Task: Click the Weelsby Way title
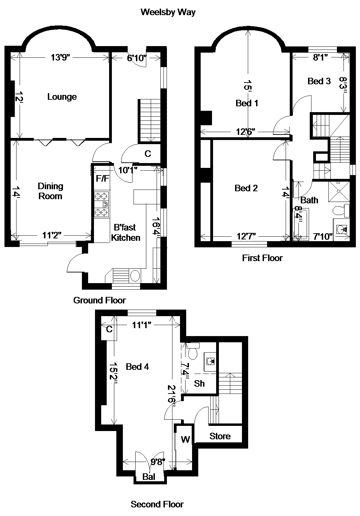pos(168,12)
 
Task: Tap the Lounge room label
pos(62,97)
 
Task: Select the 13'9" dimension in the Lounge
pos(60,57)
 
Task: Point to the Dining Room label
pos(51,191)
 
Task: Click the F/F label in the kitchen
pos(103,178)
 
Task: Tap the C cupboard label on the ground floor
pos(148,154)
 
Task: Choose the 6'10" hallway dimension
pos(137,58)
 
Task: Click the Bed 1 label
pos(247,103)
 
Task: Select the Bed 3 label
pos(319,81)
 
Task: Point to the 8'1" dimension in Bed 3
pos(320,57)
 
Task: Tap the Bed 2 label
pos(246,188)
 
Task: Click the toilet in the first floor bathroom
pos(340,210)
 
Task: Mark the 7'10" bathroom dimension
pos(323,236)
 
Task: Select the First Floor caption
pos(262,258)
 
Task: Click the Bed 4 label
pos(137,367)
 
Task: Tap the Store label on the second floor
pos(220,436)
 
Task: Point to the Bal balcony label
pos(149,476)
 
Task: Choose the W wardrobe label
pos(186,439)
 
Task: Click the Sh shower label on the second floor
pos(199,384)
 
